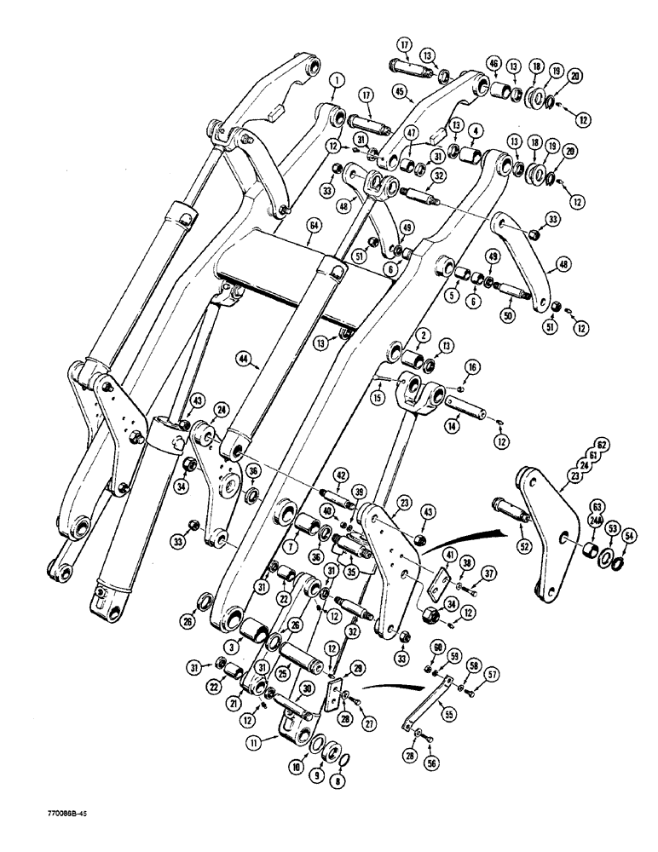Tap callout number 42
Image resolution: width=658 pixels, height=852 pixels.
(340, 475)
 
